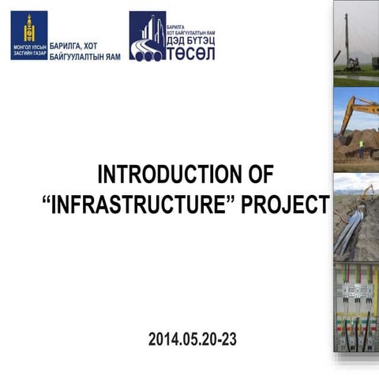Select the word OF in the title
tap(259, 174)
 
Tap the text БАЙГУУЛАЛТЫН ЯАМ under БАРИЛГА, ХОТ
tap(85, 58)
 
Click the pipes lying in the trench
tap(350, 229)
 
